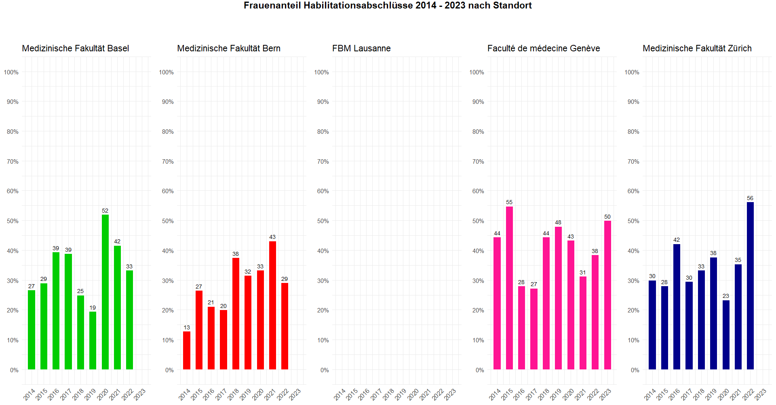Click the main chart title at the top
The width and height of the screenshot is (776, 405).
coord(388,6)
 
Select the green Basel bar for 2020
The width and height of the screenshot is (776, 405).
coord(105,292)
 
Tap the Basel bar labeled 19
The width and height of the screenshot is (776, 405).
coord(93,340)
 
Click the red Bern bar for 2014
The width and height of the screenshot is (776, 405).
coord(187,350)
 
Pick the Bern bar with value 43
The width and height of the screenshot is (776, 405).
coord(272,305)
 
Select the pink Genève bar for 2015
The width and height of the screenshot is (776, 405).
coord(509,288)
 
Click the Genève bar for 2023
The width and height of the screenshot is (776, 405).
coord(607,295)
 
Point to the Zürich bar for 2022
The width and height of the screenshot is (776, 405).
coord(750,286)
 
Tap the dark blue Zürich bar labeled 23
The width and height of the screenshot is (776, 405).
coord(726,335)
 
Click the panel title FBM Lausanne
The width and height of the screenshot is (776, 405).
coord(361,49)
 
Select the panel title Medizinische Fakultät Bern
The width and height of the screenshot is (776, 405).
coord(229,49)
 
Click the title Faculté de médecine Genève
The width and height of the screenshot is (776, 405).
coord(544,49)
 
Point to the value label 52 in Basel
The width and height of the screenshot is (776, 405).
coord(105,211)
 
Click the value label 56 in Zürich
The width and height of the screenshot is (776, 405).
coord(750,198)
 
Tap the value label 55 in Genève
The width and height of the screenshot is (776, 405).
coord(509,202)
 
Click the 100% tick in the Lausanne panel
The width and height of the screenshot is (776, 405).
coord(321,72)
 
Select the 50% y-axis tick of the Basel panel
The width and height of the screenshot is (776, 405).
coord(13,221)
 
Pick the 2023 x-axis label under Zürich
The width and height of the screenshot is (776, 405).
coord(761,394)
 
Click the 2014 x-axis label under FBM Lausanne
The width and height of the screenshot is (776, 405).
coord(340,394)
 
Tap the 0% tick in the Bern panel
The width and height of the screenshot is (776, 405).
coord(169,370)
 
